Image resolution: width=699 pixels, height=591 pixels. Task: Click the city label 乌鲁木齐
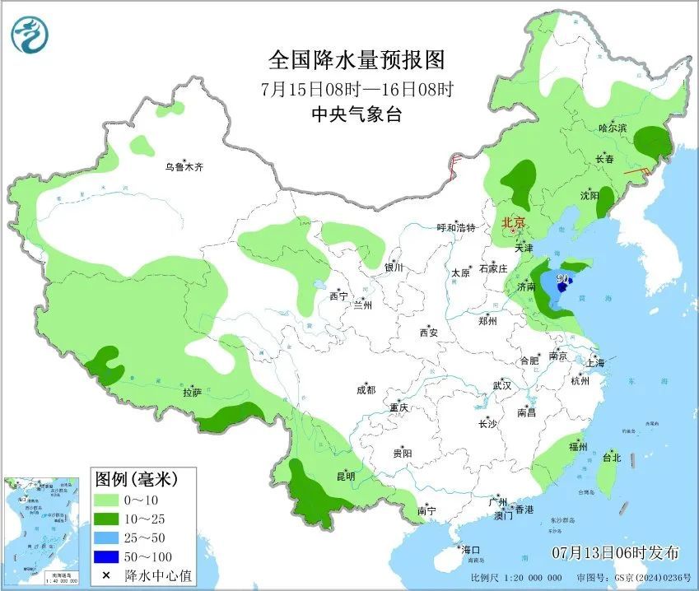(183, 167)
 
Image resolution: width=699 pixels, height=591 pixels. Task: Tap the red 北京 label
(514, 221)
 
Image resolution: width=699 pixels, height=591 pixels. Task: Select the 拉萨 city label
(192, 393)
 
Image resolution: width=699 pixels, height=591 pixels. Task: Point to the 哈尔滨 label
(613, 128)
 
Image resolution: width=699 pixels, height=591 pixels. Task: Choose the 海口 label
(470, 550)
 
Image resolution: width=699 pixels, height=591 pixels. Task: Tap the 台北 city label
(612, 457)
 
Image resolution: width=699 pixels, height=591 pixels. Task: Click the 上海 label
(595, 362)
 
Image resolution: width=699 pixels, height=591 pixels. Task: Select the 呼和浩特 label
(456, 228)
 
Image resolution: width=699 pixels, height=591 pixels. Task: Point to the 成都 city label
(366, 390)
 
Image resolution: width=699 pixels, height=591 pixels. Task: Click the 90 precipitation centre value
(563, 279)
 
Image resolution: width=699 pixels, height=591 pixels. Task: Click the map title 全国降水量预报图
(356, 60)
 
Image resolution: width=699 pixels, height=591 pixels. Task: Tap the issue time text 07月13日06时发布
(616, 551)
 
